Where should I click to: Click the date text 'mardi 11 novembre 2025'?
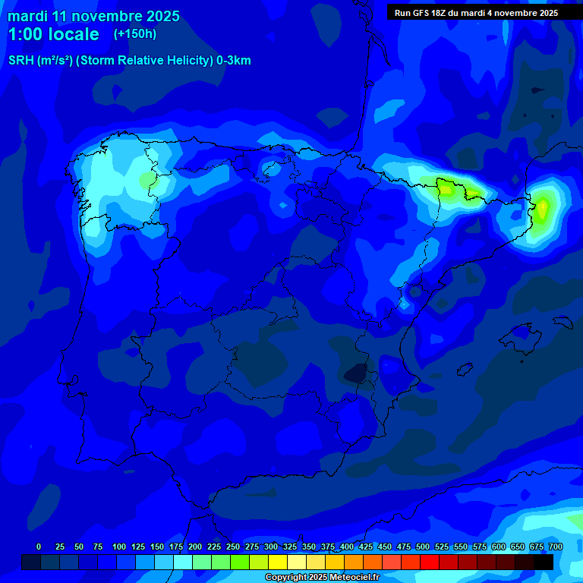pyautogui.click(x=93, y=16)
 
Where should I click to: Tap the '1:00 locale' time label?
pyautogui.click(x=53, y=34)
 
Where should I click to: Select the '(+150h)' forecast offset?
pyautogui.click(x=134, y=33)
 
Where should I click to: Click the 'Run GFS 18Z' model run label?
pyautogui.click(x=424, y=12)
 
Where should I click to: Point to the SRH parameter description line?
pyautogui.click(x=129, y=61)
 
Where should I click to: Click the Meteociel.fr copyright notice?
pyautogui.click(x=322, y=578)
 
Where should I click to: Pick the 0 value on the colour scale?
pyautogui.click(x=39, y=547)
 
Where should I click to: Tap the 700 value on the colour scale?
pyautogui.click(x=555, y=547)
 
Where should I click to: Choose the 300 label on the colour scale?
pyautogui.click(x=271, y=547)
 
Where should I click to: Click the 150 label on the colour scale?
pyautogui.click(x=157, y=547)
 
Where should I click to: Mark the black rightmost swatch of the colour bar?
pyautogui.click(x=544, y=562)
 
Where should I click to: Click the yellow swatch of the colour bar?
pyautogui.click(x=278, y=562)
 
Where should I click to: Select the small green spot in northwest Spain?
pyautogui.click(x=145, y=181)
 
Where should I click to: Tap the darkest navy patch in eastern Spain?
pyautogui.click(x=355, y=373)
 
